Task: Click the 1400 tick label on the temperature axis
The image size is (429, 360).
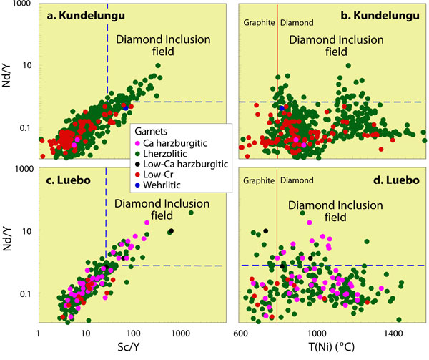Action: click(x=391, y=334)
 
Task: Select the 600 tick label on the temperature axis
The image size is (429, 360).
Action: click(x=241, y=334)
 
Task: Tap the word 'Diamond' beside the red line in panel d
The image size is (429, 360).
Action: click(x=295, y=180)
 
